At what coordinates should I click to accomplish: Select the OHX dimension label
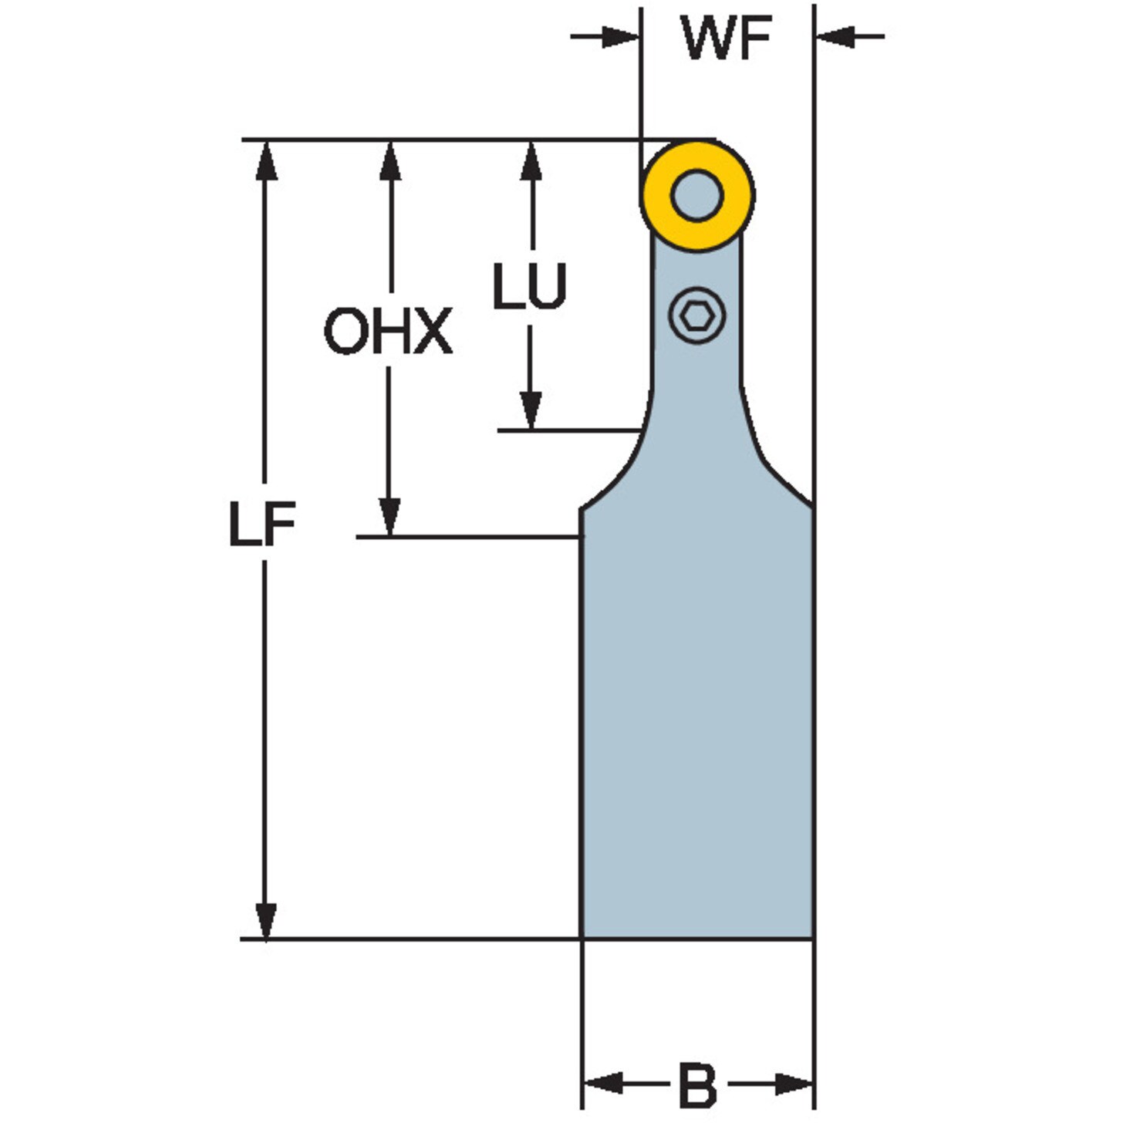point(388,331)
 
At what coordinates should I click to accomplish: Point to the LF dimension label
point(262,524)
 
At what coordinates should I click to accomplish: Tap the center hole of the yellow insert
point(697,195)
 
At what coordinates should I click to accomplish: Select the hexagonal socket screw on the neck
point(697,316)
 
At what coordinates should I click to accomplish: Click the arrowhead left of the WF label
point(619,37)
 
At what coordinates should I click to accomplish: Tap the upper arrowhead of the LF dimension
point(266,161)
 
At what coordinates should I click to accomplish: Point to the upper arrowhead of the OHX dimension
point(390,161)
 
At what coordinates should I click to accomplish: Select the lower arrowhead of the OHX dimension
point(390,515)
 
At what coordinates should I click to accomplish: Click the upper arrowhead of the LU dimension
point(531,161)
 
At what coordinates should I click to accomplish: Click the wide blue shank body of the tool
point(697,728)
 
